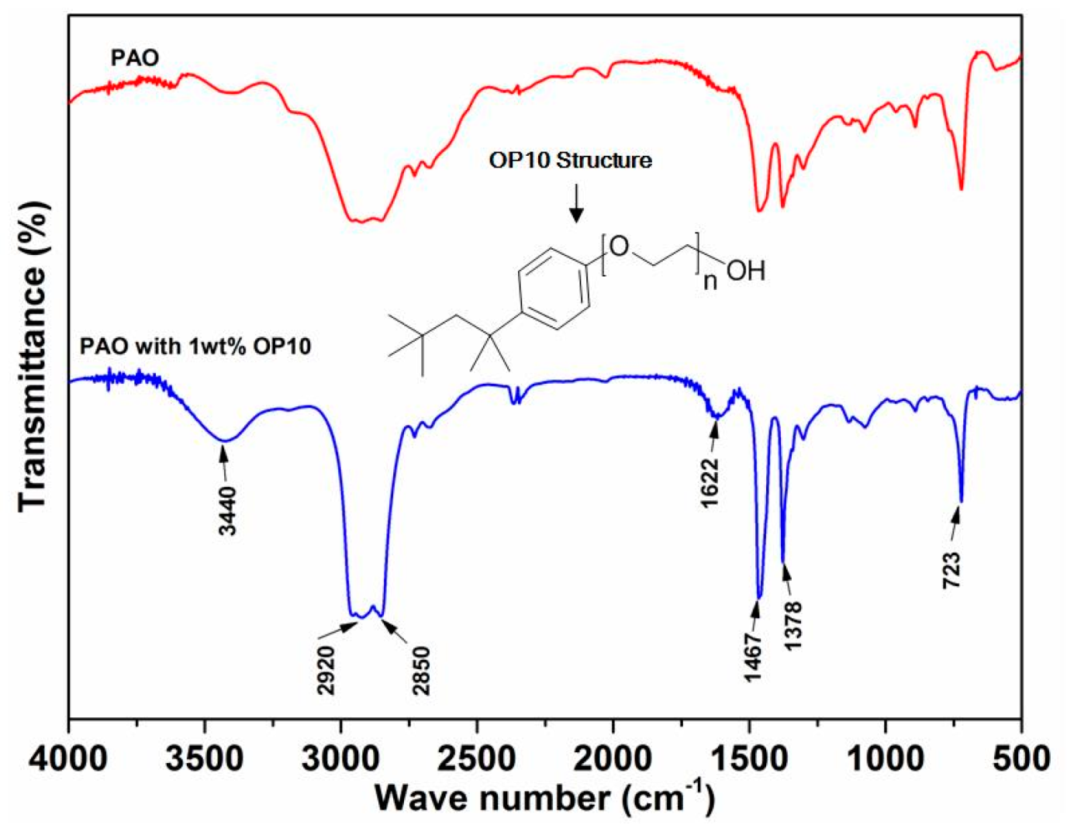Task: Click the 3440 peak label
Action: (228, 510)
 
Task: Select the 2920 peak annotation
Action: (327, 669)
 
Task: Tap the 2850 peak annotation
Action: (421, 669)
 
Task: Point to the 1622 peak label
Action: (710, 482)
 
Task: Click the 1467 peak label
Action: (754, 655)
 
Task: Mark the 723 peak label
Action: (952, 569)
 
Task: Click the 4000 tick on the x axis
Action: (70, 757)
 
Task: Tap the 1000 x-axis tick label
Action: (885, 757)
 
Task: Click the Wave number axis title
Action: (544, 797)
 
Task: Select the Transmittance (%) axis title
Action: (33, 356)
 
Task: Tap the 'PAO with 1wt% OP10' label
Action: (195, 345)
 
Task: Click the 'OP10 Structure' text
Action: (570, 161)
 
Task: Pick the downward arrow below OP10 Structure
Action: (575, 204)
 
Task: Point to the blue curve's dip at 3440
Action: (225, 440)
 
